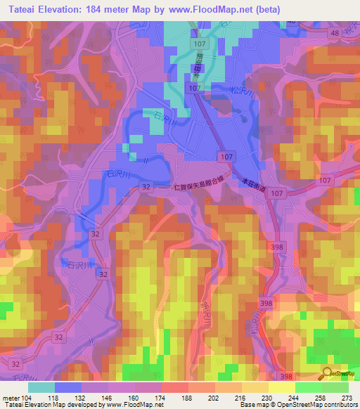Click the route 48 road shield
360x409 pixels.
pos(334,33)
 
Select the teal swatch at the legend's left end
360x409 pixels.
pos(41,388)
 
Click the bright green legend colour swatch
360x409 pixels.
pos(308,388)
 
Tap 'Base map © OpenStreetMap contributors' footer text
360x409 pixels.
pos(297,405)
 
